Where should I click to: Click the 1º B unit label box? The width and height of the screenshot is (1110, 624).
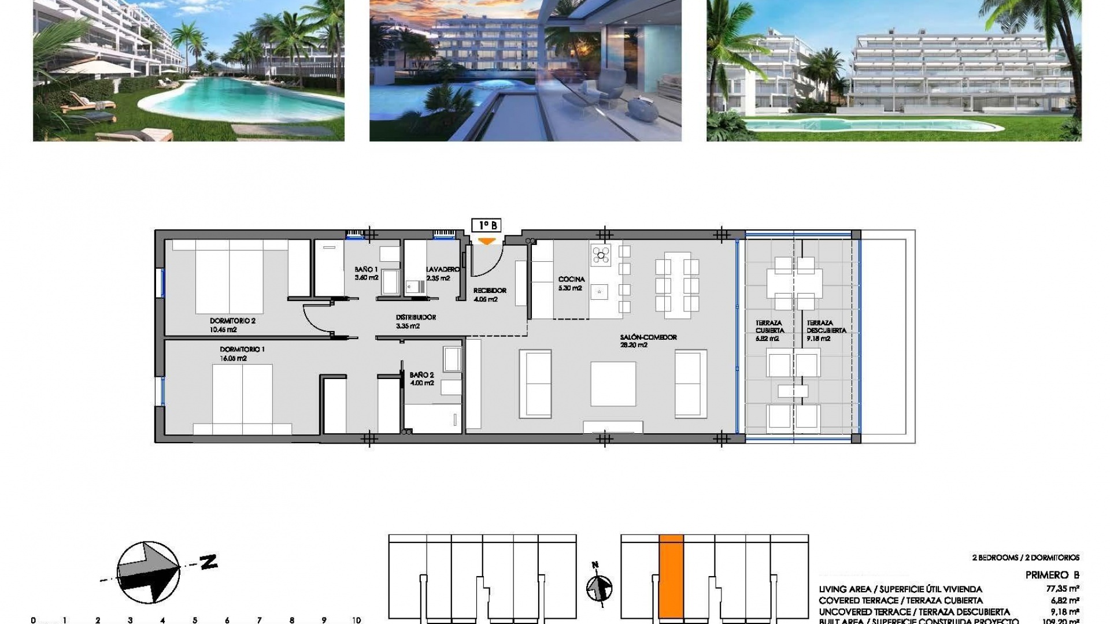486,225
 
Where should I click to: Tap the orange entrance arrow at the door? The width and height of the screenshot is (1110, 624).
487,241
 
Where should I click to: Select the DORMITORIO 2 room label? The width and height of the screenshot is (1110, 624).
232,321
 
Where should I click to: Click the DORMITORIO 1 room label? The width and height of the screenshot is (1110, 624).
242,350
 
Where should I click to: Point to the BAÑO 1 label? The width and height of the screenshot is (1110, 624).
366,270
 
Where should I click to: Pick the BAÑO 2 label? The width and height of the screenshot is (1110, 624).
421,375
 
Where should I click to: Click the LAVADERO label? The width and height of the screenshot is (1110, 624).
442,270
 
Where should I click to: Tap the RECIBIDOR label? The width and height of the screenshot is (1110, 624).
490,291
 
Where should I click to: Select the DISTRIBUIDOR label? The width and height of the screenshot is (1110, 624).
416,317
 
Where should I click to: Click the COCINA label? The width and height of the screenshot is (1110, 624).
571,280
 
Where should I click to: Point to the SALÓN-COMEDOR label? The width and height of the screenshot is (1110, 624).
648,337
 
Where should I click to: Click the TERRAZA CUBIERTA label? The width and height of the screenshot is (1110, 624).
769,326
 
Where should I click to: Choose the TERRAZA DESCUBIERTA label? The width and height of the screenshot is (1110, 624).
826,326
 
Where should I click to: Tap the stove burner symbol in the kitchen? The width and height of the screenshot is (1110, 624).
601,254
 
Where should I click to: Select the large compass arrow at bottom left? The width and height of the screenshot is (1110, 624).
148,572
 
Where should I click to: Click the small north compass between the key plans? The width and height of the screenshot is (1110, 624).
599,588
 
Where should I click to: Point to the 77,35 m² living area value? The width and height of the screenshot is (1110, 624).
1063,589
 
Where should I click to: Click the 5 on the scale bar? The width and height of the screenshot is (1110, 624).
195,621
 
